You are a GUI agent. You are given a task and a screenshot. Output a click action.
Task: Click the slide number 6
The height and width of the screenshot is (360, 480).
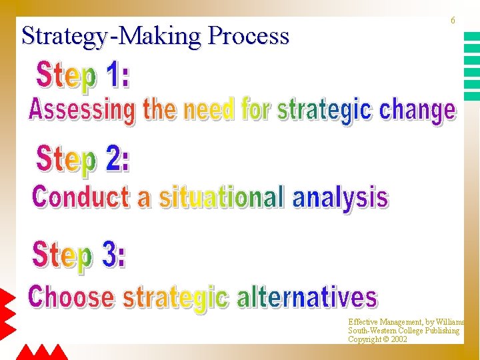click(x=453, y=21)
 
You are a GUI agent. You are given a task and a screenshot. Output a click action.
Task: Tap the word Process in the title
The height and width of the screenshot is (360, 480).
click(x=249, y=35)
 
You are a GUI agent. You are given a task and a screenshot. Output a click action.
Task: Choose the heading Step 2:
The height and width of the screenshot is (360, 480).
click(x=83, y=161)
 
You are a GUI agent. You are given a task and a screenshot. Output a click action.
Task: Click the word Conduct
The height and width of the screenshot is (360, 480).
click(x=81, y=197)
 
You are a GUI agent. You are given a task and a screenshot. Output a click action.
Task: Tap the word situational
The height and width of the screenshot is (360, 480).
click(x=221, y=198)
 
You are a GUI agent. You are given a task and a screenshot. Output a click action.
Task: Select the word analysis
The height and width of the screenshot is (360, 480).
click(x=340, y=198)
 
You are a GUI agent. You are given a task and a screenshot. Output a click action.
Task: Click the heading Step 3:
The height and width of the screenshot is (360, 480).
click(x=79, y=257)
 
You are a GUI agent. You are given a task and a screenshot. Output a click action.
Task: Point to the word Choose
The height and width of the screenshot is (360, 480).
click(x=71, y=297)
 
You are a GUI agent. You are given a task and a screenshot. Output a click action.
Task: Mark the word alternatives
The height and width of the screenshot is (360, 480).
click(x=307, y=297)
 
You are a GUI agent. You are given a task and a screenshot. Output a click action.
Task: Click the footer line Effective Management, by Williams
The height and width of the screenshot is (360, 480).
click(x=406, y=322)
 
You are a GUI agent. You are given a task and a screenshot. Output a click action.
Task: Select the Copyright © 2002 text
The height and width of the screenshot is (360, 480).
click(x=377, y=339)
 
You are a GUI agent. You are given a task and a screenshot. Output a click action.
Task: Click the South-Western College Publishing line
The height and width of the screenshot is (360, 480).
click(x=403, y=331)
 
